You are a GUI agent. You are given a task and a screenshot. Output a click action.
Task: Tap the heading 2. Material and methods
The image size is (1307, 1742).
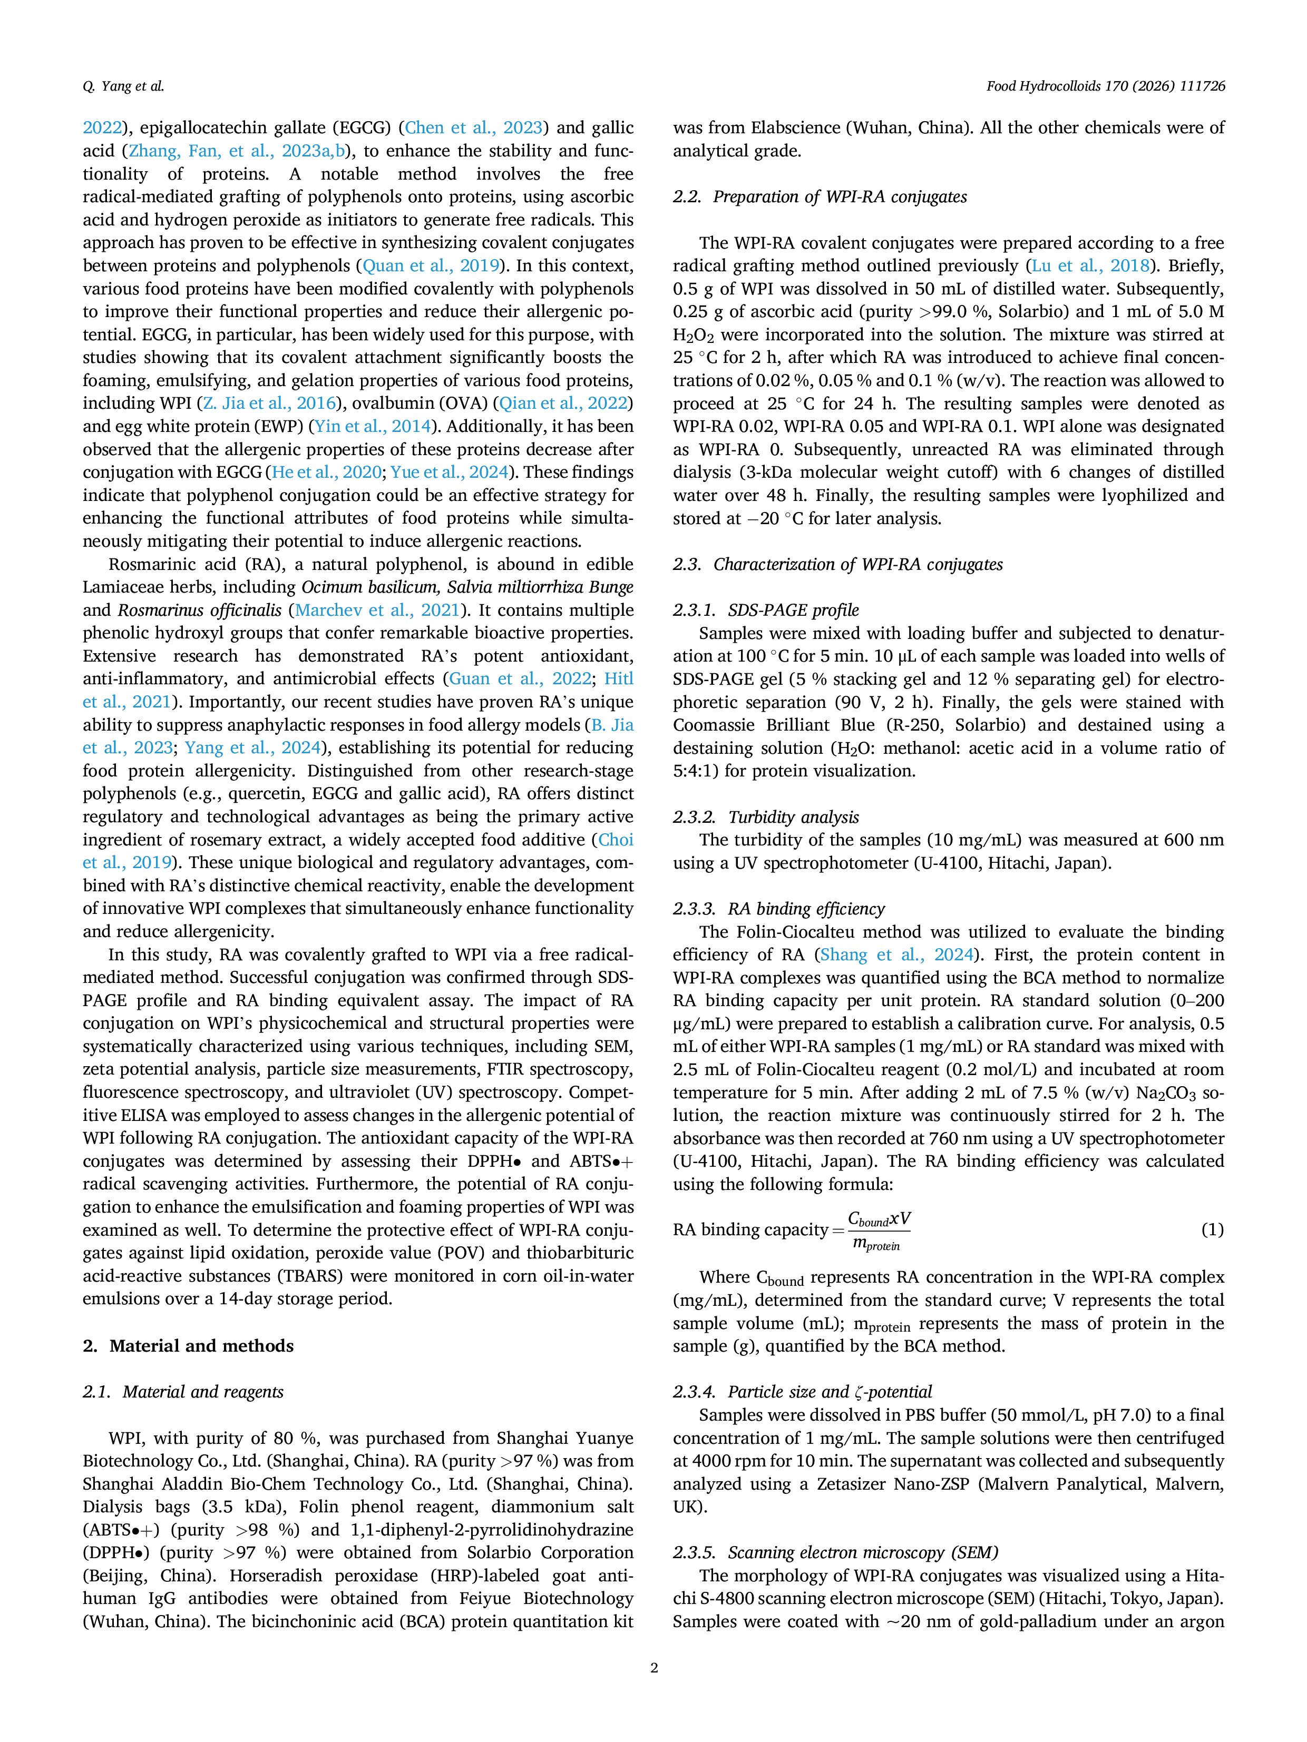[188, 1346]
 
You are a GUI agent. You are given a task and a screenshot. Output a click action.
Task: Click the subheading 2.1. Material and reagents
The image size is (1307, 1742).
[183, 1392]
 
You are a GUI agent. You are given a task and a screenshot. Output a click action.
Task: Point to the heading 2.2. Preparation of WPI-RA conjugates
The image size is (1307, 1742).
[820, 197]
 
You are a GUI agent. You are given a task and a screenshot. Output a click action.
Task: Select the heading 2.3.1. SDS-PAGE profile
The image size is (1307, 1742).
[766, 611]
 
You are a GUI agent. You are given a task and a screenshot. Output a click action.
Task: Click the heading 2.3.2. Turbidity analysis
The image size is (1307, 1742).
[766, 818]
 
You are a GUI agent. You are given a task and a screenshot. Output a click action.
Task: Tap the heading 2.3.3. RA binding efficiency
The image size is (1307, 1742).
[779, 909]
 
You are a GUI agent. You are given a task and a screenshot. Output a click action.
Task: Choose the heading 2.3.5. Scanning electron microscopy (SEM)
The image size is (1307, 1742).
[836, 1552]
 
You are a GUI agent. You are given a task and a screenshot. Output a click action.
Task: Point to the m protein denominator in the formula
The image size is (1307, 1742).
[876, 1244]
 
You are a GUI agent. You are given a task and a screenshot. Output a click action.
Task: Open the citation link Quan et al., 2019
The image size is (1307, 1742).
[430, 266]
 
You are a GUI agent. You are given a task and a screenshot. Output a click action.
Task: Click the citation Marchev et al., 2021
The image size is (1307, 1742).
[377, 611]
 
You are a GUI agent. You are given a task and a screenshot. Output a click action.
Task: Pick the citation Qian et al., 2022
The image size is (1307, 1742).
[564, 403]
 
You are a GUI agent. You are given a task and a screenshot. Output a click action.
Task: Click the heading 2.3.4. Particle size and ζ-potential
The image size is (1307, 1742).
[803, 1392]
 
